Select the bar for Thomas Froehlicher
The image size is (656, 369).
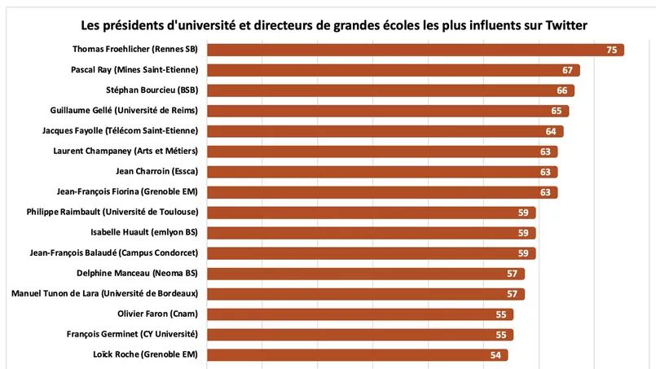coord(415,50)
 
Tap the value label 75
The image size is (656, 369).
coord(612,50)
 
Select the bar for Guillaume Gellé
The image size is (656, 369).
coord(387,111)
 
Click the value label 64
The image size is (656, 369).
coord(551,131)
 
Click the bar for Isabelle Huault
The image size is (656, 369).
coord(371,233)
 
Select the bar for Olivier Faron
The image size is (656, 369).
coord(359,314)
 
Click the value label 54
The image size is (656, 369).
coord(495,355)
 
